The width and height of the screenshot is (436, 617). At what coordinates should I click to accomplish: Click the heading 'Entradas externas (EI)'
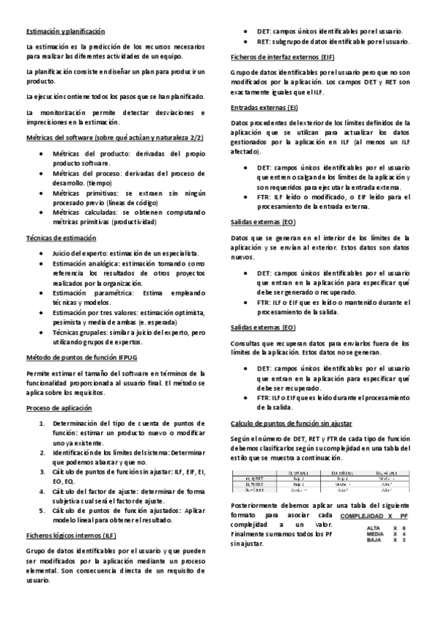coord(258,108)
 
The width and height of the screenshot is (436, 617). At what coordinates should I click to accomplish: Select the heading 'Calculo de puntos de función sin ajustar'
coord(292,423)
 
